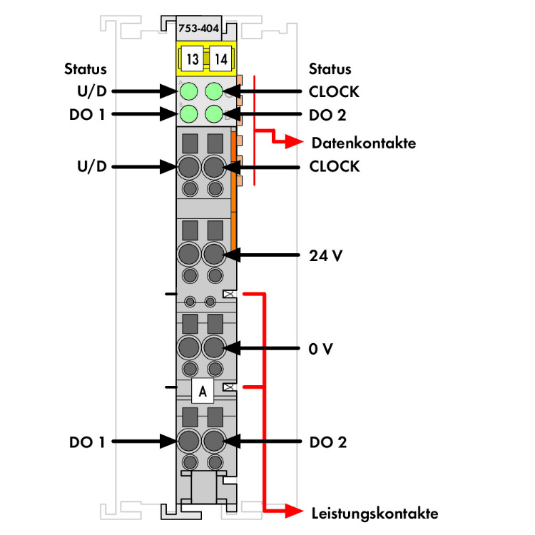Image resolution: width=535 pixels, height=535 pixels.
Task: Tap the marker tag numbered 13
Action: point(193,60)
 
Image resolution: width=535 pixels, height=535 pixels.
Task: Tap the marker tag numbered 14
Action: point(220,60)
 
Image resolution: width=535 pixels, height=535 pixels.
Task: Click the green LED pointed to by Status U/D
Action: point(190,91)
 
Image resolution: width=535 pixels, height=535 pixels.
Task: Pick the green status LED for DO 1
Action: point(190,114)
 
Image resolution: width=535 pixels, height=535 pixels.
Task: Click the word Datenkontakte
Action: point(363,143)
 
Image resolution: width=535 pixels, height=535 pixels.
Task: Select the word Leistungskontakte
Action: point(374,513)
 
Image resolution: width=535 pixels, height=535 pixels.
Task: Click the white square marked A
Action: point(203,390)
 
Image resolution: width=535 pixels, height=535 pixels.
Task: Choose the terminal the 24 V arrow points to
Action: point(214,254)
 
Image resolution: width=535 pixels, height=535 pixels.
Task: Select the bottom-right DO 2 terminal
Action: point(214,442)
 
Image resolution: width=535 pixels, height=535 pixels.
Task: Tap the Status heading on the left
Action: point(86,69)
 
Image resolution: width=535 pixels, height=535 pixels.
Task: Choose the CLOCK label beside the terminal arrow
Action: point(334,167)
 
